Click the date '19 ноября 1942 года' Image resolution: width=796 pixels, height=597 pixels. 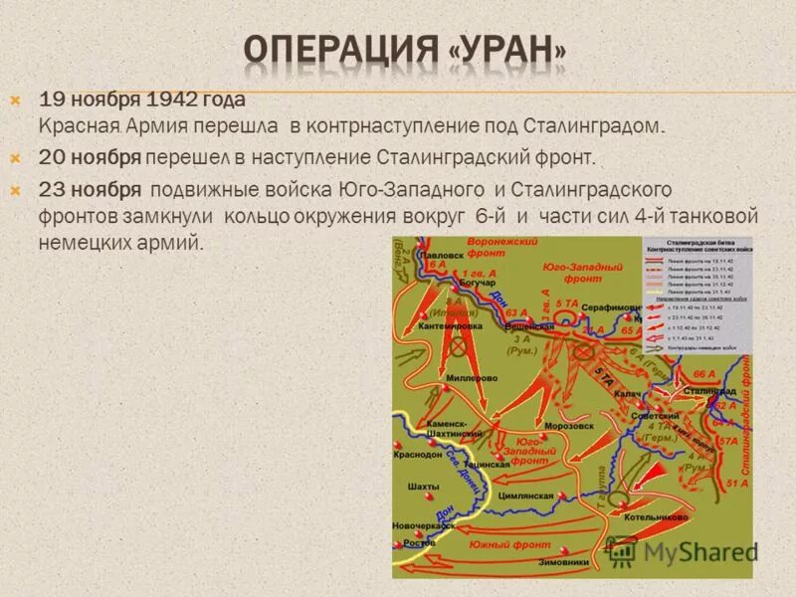pos(142,100)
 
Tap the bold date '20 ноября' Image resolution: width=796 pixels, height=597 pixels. pos(89,157)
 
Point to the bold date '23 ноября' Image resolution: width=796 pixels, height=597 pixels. pos(90,189)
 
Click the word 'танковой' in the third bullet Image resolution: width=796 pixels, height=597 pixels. pos(712,216)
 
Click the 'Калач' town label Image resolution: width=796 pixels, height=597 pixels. pos(627,394)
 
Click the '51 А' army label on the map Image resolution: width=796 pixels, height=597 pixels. pos(737,484)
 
